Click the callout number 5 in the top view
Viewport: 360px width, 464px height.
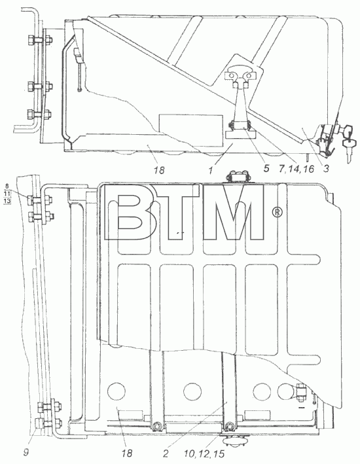[x=266, y=168]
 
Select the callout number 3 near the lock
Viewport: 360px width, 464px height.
[x=326, y=168]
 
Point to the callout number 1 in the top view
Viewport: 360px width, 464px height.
[x=211, y=170]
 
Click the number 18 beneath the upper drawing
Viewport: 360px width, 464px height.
[x=158, y=170]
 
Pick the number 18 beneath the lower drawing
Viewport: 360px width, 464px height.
[x=126, y=453]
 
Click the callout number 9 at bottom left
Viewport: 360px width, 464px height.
[x=26, y=453]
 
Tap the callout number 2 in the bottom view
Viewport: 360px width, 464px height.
[x=166, y=453]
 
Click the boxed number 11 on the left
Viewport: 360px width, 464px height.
[x=8, y=194]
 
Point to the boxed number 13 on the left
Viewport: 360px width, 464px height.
[x=8, y=201]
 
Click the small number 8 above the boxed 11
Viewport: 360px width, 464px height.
[x=7, y=187]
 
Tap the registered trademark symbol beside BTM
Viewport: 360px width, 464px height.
[x=278, y=212]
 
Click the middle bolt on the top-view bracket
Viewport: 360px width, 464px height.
[x=39, y=86]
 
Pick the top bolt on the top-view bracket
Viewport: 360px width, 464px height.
[x=39, y=39]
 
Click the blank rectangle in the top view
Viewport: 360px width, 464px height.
[x=191, y=130]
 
